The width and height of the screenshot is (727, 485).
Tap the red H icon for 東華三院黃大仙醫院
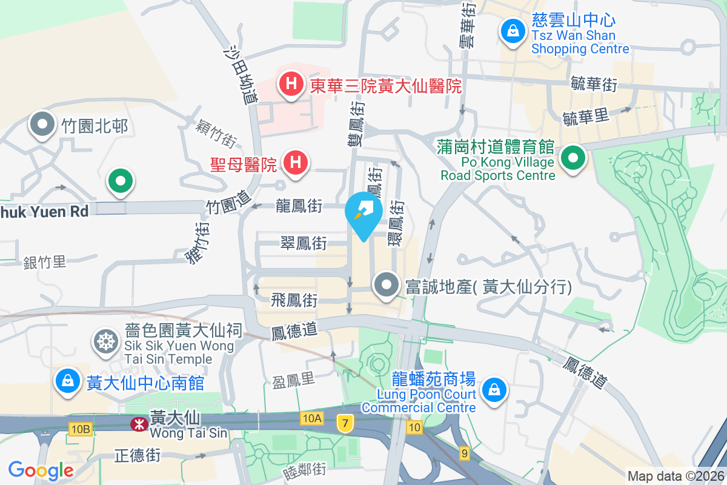point(291,83)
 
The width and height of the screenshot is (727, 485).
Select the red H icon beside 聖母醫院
point(296,162)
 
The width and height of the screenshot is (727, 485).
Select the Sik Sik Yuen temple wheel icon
point(105,342)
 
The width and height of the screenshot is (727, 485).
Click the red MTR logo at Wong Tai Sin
point(139,424)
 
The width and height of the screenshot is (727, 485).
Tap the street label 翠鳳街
point(304,244)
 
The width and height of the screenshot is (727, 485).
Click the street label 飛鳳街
point(294,299)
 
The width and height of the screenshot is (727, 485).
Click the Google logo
point(41,470)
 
